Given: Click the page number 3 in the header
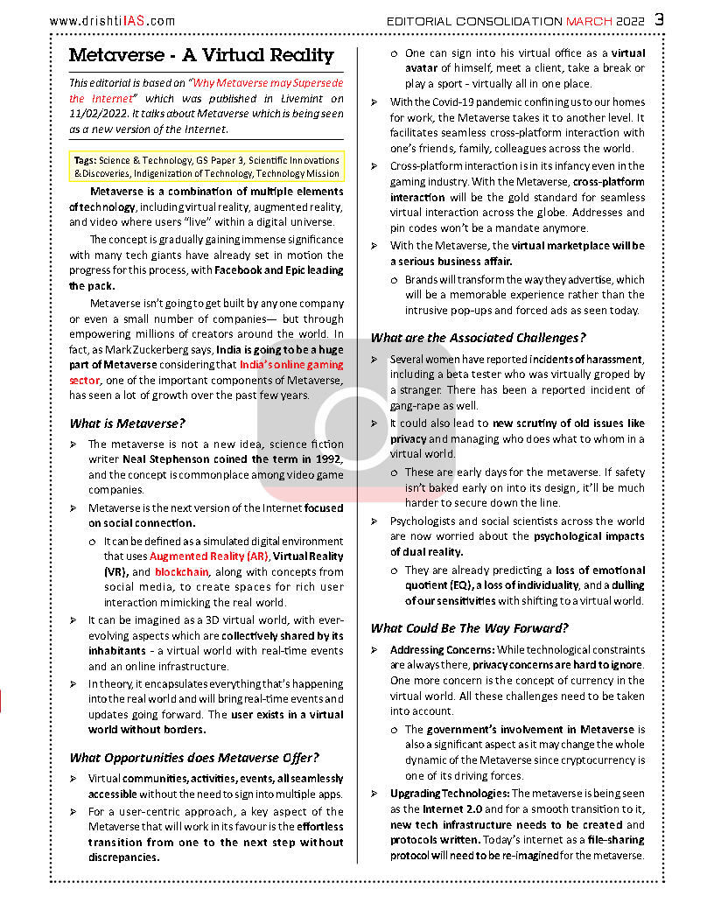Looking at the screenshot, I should click(659, 19).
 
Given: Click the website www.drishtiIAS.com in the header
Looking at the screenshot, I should click(112, 21).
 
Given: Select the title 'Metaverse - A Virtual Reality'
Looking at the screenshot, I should click(201, 55).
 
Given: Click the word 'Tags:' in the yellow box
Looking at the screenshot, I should click(86, 160).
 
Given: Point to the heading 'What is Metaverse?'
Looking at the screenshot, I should click(128, 424).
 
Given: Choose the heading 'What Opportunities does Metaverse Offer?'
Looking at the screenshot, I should click(194, 758).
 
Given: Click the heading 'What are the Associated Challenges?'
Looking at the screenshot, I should click(479, 338).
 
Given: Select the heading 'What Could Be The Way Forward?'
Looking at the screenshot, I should click(470, 628).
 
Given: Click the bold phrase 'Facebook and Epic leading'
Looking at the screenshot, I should click(279, 270).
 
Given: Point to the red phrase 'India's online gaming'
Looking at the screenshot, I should click(291, 364).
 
